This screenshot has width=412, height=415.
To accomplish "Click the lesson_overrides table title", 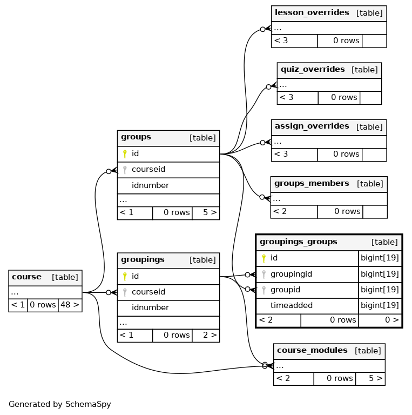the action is coord(312,13).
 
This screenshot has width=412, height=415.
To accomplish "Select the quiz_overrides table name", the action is coord(313,69).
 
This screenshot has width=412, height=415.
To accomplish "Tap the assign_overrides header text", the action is coord(312,126).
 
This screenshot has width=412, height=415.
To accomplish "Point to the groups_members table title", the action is coord(312,183).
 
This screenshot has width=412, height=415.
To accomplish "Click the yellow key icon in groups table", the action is coord(125,154).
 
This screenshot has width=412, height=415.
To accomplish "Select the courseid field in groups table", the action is coord(148,169).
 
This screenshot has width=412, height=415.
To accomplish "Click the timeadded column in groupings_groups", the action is coord(292,305).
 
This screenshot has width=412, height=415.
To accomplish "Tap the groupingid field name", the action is coord(291,274).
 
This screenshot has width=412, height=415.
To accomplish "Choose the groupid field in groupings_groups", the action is coord(285,290).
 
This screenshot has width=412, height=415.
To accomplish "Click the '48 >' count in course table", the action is coord(70,305).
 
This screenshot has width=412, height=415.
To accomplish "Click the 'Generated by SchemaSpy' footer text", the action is coord(60,404).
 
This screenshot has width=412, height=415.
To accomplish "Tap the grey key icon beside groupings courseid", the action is coord(125,292).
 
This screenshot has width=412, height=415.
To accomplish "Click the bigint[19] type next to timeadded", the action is coord(380,305).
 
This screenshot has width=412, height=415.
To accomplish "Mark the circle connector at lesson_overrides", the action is coord(262,29).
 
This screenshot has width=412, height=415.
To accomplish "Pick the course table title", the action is coord(26,277).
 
